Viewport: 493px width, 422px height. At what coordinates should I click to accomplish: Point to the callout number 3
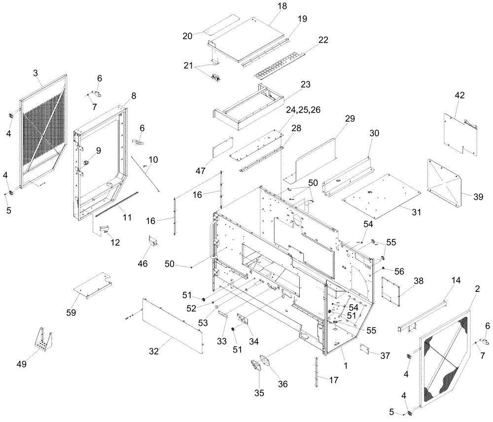click(35, 73)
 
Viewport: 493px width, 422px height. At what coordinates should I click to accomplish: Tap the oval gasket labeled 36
click(266, 361)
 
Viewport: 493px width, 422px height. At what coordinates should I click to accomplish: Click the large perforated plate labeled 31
click(381, 196)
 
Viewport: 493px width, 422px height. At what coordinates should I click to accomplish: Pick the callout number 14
click(456, 280)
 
